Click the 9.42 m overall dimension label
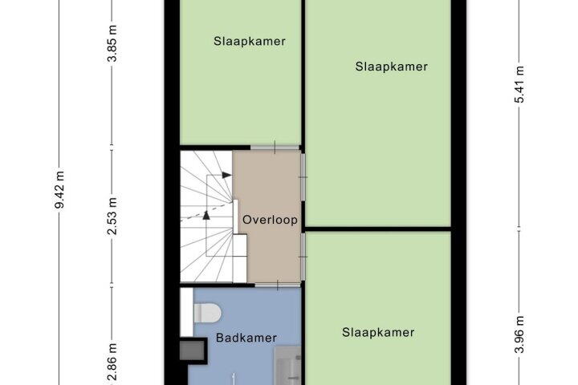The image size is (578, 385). tap(59, 189)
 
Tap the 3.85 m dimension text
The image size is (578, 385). tap(112, 43)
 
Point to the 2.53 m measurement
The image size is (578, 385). tap(112, 216)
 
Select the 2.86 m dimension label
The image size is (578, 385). tap(112, 362)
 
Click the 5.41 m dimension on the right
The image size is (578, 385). tap(519, 84)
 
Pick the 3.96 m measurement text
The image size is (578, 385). tap(519, 334)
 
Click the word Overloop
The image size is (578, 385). tap(270, 220)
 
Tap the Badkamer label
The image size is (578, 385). tap(246, 338)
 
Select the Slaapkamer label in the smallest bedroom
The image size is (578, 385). tap(250, 41)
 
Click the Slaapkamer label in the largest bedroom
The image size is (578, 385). tap(392, 67)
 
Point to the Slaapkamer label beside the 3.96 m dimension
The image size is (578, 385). tap(378, 332)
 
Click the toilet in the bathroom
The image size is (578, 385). tap(207, 313)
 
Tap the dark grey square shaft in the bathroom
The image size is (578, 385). tap(192, 350)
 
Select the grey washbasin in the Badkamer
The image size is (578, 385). tap(287, 366)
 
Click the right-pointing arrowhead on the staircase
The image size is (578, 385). tap(226, 175)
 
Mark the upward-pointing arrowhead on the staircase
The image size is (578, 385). tap(206, 215)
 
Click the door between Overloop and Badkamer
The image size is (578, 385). tap(278, 285)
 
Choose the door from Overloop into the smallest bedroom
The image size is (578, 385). tap(275, 148)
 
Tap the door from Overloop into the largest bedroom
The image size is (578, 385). tap(303, 177)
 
